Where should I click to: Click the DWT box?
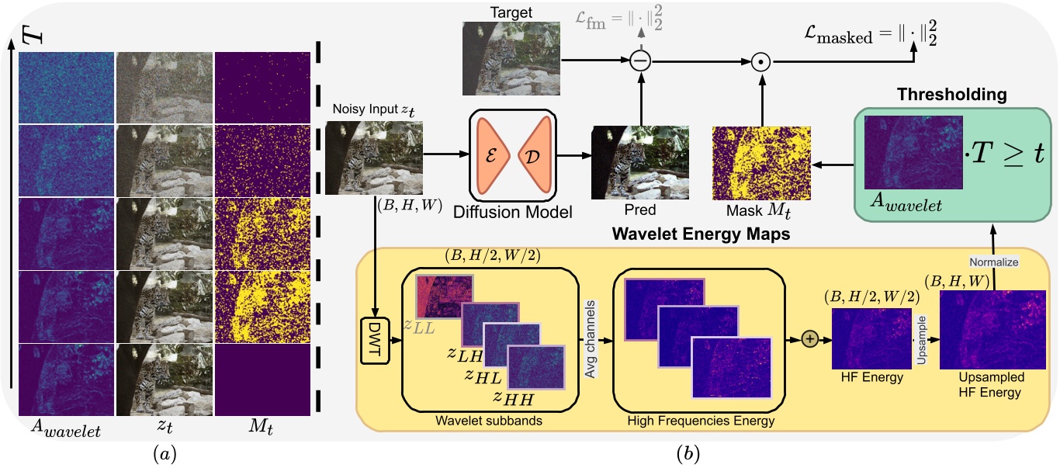point(376,341)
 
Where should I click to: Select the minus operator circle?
point(639,60)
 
